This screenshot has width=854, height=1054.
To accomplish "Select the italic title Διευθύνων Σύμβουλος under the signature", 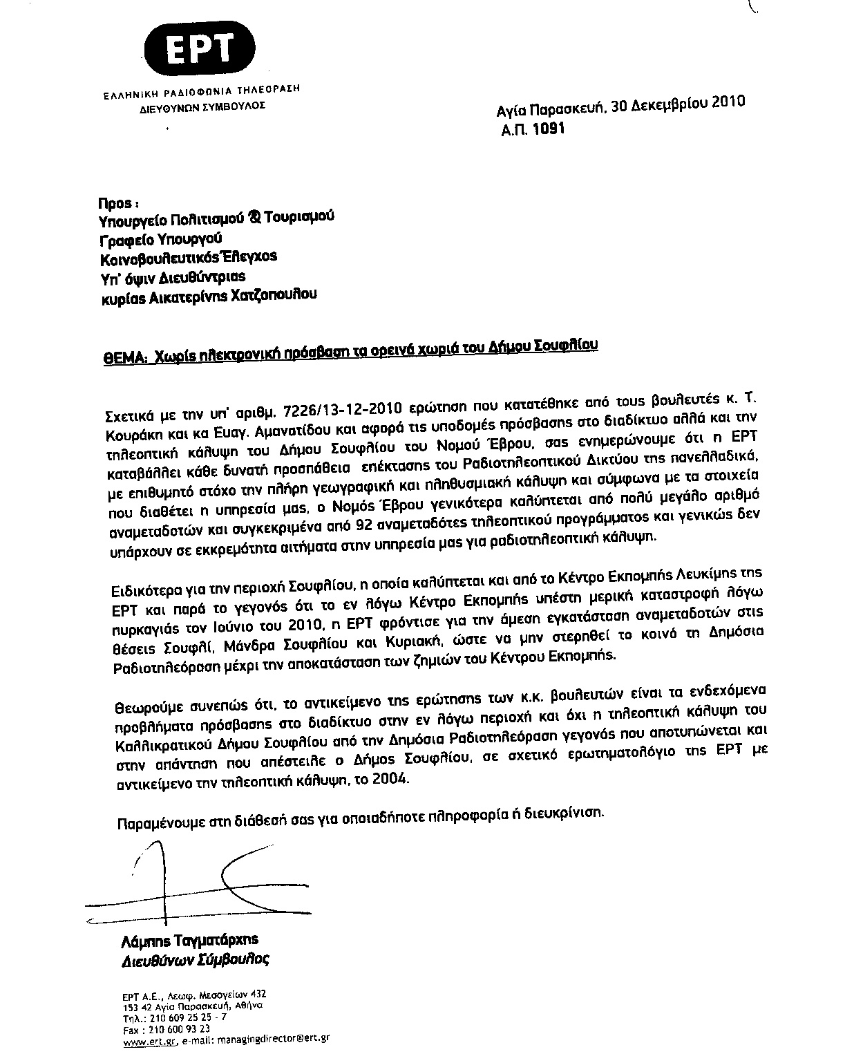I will click(x=195, y=961).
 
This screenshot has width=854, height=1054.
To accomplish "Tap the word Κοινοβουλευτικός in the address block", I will click(x=164, y=258).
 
